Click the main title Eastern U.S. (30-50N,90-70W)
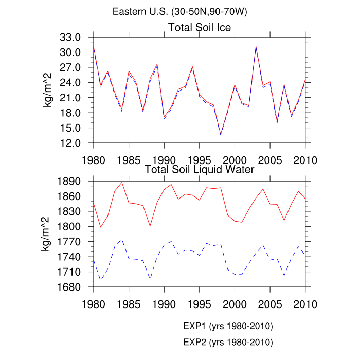179,12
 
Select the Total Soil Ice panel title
200,27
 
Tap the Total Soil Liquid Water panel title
200,169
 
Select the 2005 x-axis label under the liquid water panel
271,303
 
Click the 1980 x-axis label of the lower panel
93,303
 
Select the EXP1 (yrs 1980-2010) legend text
227,327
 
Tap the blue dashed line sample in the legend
129,327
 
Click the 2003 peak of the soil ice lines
256,47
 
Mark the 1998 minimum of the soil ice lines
221,135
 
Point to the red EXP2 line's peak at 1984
122,182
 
